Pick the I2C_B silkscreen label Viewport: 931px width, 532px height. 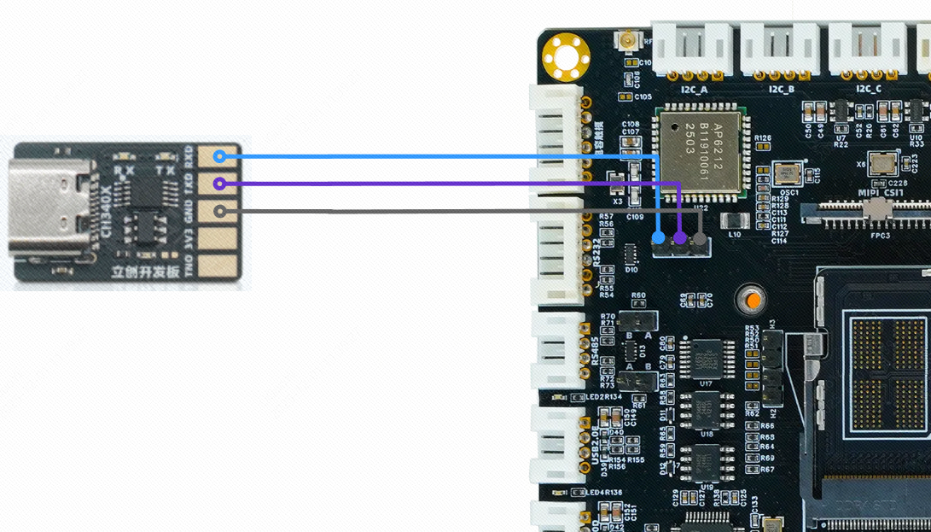tap(782, 89)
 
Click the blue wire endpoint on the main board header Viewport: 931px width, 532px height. tap(659, 237)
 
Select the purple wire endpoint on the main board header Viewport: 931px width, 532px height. tap(679, 237)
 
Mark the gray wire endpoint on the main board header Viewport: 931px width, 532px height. tap(699, 238)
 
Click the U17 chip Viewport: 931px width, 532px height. tap(707, 359)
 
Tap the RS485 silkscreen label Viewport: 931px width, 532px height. tap(596, 351)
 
